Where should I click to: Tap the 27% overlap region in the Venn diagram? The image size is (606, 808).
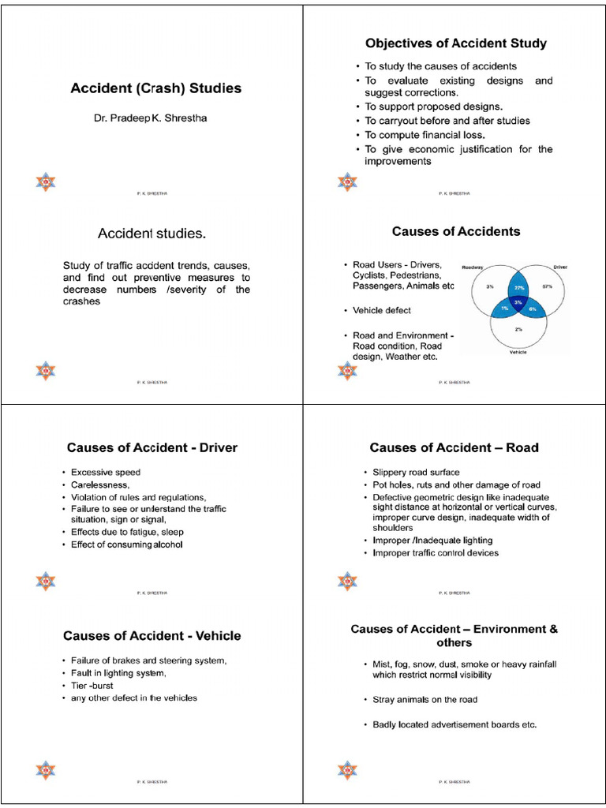click(x=519, y=288)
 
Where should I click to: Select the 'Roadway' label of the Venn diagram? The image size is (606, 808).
click(x=473, y=267)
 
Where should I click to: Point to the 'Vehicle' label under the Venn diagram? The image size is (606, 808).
click(x=518, y=353)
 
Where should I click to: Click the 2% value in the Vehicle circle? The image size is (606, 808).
click(x=518, y=328)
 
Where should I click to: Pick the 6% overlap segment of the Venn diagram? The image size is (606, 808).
click(x=533, y=309)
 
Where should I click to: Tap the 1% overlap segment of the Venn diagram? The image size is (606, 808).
click(x=505, y=309)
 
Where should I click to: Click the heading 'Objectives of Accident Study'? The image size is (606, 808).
click(x=455, y=43)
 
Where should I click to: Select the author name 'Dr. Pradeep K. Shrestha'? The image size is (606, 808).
click(x=150, y=118)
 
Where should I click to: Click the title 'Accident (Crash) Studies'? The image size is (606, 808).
click(x=155, y=88)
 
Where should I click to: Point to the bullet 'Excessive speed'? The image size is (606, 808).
click(x=106, y=472)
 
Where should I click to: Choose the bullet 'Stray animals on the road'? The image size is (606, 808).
click(x=425, y=699)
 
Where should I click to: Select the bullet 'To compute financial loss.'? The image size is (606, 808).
click(x=425, y=135)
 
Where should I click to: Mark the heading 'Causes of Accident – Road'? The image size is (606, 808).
click(x=454, y=447)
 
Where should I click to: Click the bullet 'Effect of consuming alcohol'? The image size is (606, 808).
click(x=126, y=544)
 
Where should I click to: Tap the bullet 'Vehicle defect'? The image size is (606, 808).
click(x=381, y=310)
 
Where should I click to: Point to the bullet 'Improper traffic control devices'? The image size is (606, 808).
click(x=436, y=553)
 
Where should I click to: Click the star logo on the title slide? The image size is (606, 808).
click(x=46, y=182)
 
